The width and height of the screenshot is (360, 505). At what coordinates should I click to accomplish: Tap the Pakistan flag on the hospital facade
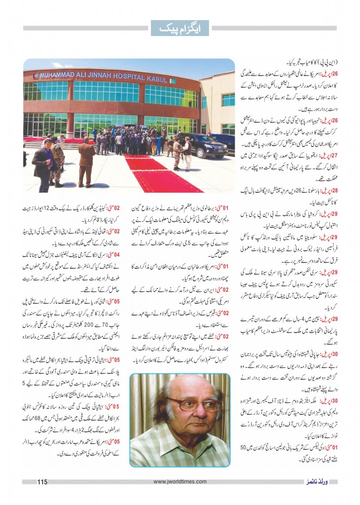click(x=36, y=75)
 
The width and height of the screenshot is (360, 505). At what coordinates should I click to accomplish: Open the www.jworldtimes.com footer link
click(x=180, y=482)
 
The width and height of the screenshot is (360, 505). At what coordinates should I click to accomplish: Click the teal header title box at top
click(x=180, y=28)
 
